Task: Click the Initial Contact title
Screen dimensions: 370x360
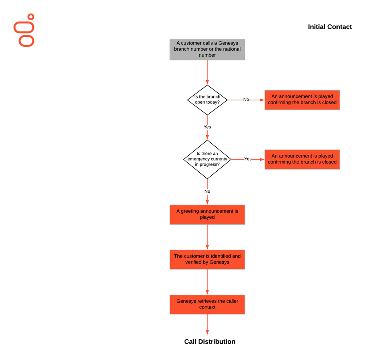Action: pos(330,27)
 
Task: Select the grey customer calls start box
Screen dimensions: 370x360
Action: pos(207,50)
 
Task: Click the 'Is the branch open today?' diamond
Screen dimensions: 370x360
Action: pos(207,100)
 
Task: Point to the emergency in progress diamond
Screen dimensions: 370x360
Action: pos(207,160)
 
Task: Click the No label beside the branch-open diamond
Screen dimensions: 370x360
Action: pos(246,100)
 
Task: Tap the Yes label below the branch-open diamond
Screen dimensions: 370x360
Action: pos(207,127)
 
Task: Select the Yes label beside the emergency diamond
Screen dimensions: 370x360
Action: pos(248,159)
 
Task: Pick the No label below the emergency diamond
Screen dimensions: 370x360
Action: pos(207,191)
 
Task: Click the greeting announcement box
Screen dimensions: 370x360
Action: pos(207,214)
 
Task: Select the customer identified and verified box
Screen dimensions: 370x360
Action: pos(207,259)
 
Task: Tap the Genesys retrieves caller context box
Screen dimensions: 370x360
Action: pos(207,304)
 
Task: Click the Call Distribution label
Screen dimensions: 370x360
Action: pos(210,342)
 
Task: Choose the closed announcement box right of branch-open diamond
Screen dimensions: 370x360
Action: pos(302,100)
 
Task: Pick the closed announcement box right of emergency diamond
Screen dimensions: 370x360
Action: pos(302,160)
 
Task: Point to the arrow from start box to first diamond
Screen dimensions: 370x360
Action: pos(207,72)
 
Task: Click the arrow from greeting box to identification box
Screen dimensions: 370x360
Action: pos(207,237)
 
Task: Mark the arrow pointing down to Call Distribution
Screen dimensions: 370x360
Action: pos(207,324)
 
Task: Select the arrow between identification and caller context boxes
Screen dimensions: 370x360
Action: pos(207,282)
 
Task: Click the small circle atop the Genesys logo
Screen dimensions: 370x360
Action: pos(31,17)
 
